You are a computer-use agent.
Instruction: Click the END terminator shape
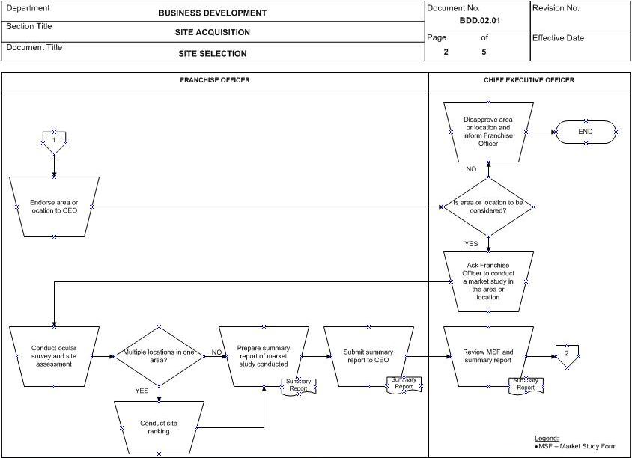[586, 132]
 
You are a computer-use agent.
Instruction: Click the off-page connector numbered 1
[54, 141]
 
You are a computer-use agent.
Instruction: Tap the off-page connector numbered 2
[567, 355]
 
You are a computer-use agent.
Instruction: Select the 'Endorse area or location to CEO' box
[54, 207]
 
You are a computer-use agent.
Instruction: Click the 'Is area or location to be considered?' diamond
[488, 207]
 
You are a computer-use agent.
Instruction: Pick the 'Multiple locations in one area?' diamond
[159, 356]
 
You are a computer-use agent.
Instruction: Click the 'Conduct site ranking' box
[159, 427]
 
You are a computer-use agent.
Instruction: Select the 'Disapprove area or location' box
[488, 132]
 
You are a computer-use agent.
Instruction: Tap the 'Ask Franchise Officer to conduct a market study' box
[488, 281]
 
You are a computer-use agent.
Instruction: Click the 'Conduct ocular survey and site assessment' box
[54, 356]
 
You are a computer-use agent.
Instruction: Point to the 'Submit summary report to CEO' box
[368, 356]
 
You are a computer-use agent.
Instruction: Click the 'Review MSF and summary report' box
[488, 356]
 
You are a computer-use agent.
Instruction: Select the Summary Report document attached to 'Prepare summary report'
[299, 386]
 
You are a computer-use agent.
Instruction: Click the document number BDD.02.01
[480, 21]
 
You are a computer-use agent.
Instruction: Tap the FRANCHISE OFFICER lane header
[215, 80]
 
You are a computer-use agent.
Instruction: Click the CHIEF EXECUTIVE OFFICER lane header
[529, 80]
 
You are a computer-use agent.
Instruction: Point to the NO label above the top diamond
[471, 169]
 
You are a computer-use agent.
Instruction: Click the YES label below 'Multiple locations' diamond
[142, 391]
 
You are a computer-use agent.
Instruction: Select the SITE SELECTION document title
[213, 54]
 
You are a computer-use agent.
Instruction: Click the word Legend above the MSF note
[547, 439]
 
